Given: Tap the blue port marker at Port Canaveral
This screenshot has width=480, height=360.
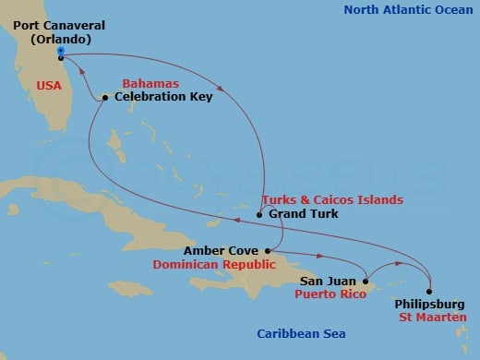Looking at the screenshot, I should point(60,52).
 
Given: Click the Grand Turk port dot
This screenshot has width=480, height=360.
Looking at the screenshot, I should point(259,214).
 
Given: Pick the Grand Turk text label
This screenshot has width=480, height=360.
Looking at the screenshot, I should point(304,214).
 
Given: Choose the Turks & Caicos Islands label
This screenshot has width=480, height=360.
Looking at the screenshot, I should point(332,199).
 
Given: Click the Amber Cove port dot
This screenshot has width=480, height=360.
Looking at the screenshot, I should point(267,250).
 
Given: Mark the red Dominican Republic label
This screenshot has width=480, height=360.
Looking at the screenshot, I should point(231,264).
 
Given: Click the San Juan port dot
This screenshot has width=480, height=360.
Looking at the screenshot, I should point(366,282).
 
